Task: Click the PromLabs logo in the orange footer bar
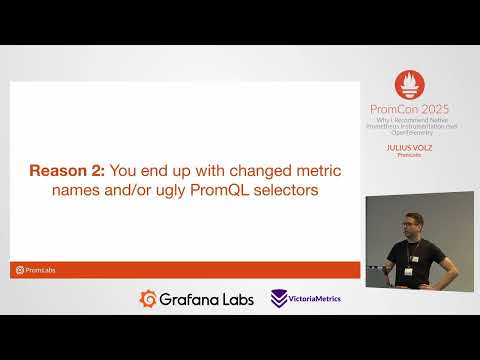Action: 34,269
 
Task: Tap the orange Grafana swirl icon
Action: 148,298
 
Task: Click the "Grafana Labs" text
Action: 207,298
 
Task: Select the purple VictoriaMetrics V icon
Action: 280,298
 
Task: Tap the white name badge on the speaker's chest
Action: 409,271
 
